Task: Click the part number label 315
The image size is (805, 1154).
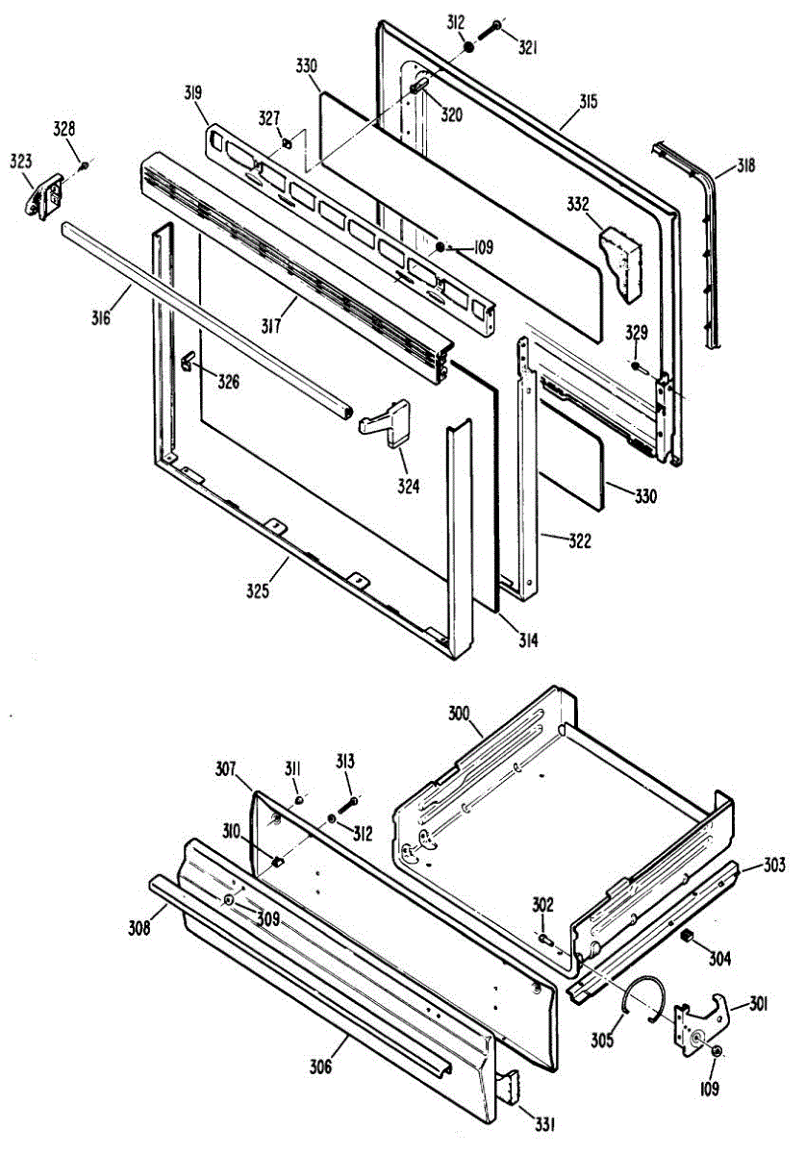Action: tap(589, 101)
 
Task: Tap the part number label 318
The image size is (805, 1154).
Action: tap(746, 165)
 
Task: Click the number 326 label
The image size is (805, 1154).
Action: tap(228, 382)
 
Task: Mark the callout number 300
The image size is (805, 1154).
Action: tap(461, 714)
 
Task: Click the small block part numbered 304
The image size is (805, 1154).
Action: tap(687, 935)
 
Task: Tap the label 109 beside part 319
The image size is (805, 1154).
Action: tap(481, 247)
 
